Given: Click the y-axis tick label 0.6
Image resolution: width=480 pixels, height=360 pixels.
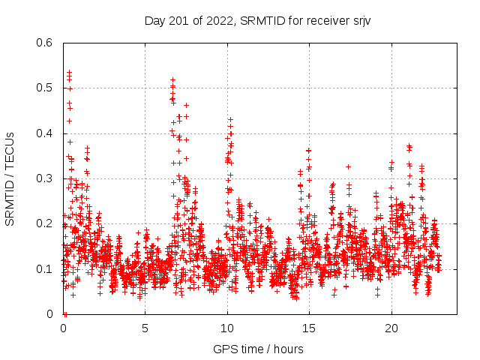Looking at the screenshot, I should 46,43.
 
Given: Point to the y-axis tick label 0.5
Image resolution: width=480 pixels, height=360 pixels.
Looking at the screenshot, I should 46,88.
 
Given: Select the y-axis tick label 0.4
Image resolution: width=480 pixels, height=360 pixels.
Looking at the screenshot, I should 46,133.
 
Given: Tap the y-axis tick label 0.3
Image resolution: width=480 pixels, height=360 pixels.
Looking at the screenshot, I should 46,178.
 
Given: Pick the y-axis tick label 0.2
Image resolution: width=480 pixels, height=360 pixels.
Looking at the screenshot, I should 46,223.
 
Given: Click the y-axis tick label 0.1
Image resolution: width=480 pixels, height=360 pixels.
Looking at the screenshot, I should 46,269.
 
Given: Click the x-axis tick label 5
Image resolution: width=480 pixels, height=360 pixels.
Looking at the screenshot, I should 145,328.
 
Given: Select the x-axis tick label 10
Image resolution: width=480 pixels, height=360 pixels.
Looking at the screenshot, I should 227,328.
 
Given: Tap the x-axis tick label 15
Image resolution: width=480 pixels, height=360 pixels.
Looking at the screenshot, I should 309,328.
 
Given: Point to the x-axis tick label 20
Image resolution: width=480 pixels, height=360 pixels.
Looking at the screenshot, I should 391,328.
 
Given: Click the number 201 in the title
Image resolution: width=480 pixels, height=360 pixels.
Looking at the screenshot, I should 179,20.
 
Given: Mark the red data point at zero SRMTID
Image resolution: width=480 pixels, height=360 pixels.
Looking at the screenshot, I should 65,314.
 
